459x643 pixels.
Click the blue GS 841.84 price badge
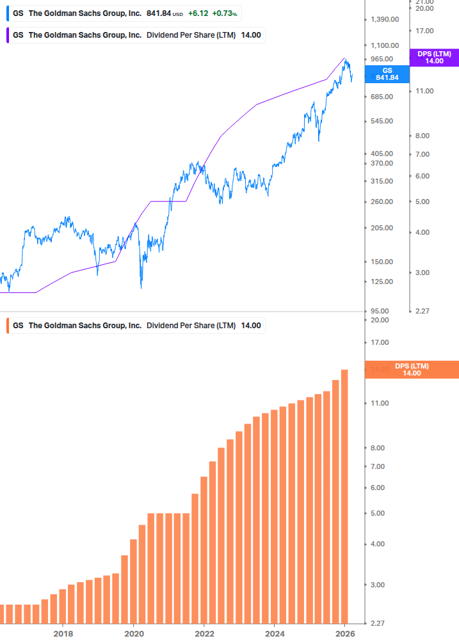point(387,74)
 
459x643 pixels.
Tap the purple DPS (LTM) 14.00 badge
point(434,58)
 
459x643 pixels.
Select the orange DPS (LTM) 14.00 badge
point(412,370)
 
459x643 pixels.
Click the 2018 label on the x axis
point(63,634)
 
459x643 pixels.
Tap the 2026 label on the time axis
point(345,634)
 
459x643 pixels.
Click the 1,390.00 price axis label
point(385,20)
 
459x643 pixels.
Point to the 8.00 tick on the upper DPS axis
point(423,136)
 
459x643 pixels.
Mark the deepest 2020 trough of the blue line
point(141,287)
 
